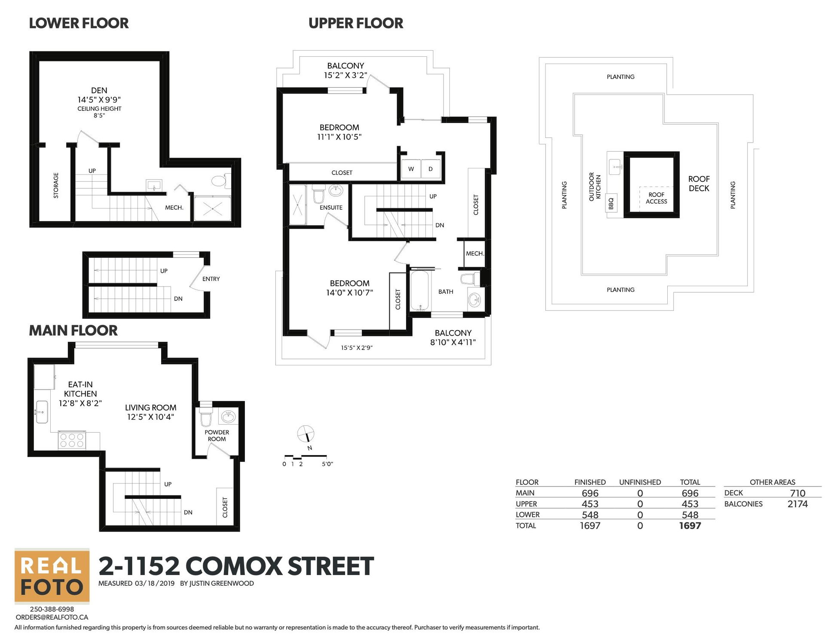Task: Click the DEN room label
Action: tap(99, 90)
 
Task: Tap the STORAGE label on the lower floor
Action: tap(56, 185)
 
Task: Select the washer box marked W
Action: tap(411, 169)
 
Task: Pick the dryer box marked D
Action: tap(431, 169)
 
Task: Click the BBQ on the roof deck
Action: tap(611, 203)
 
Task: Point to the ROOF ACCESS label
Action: tap(656, 198)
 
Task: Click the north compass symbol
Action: tap(306, 434)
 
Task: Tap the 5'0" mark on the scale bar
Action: tap(327, 464)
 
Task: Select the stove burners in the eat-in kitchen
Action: tap(72, 440)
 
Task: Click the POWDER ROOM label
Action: tap(217, 435)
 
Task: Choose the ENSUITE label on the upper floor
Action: tap(331, 208)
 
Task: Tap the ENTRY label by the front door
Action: tap(211, 279)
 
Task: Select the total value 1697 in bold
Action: tap(690, 526)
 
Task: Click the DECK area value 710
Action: tap(797, 493)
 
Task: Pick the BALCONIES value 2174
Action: tap(797, 504)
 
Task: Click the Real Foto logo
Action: tap(52, 576)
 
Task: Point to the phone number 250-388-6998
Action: tap(52, 609)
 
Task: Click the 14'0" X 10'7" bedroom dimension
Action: tap(349, 293)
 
